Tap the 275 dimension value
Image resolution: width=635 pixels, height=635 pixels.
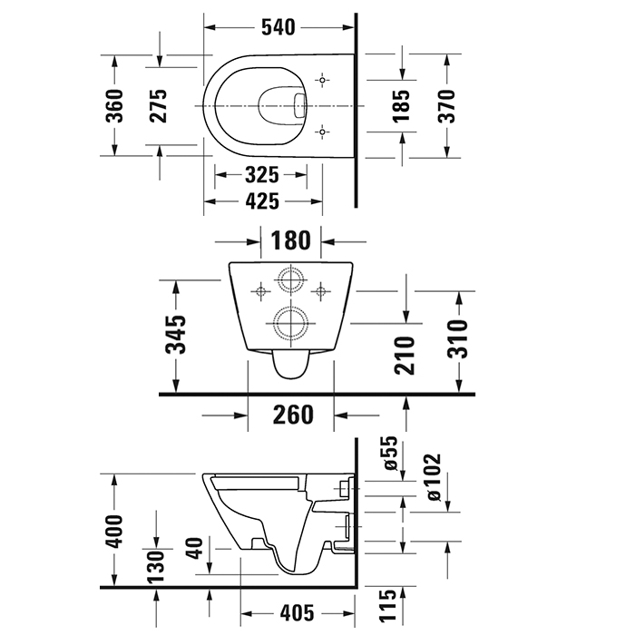160,106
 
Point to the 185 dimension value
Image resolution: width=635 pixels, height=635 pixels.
402,105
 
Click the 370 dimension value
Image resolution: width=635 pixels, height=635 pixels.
446,105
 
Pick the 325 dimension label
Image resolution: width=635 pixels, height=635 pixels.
259,174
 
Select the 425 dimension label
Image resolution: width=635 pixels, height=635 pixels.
259,201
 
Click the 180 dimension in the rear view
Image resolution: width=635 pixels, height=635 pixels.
291,241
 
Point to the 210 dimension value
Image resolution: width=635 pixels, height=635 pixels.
405,355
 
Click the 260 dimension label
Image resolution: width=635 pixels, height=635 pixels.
292,415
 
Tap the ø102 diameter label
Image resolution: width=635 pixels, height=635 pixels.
433,477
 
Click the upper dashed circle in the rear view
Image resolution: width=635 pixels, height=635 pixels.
290,280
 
